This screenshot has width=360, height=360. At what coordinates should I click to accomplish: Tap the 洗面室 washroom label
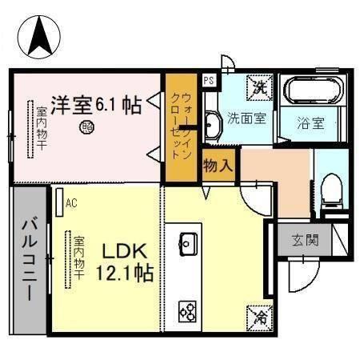[246, 118]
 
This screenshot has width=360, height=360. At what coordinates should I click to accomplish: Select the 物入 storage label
[218, 166]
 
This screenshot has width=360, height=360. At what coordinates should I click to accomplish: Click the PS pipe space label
[209, 80]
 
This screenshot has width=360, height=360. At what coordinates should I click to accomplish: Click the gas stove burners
[189, 310]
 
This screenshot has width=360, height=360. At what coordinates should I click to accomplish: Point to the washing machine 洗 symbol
[260, 84]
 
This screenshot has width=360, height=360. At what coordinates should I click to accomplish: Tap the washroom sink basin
[212, 124]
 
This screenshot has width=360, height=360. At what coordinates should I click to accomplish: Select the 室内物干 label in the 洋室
[41, 128]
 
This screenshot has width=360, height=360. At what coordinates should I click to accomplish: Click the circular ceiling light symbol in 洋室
[86, 126]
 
